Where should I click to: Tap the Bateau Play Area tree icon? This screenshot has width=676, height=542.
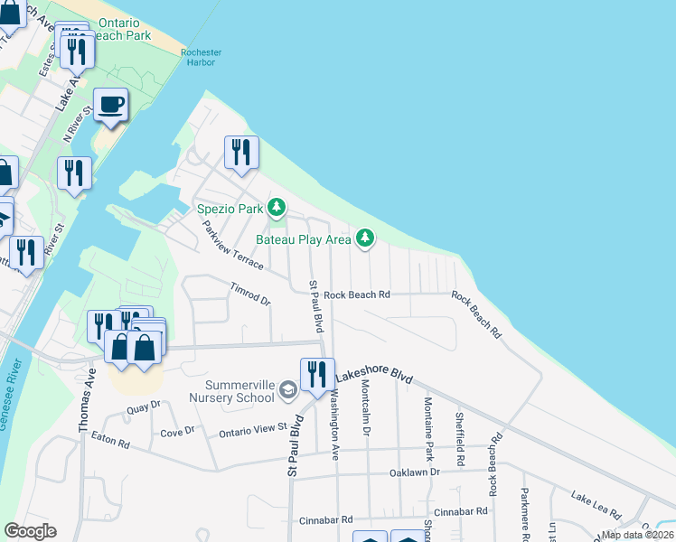[364, 238]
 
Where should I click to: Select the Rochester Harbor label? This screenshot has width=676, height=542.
[201, 58]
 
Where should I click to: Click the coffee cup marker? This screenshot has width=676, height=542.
[111, 105]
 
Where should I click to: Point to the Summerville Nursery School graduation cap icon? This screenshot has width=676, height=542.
[287, 389]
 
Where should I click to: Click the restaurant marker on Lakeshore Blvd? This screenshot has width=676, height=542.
[316, 375]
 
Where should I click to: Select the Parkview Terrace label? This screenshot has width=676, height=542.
[232, 246]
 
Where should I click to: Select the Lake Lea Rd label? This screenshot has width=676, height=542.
[596, 504]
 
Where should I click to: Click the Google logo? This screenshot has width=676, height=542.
[30, 531]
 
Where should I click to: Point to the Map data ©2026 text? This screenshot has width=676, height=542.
[637, 535]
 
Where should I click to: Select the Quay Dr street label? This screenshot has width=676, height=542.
[143, 408]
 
